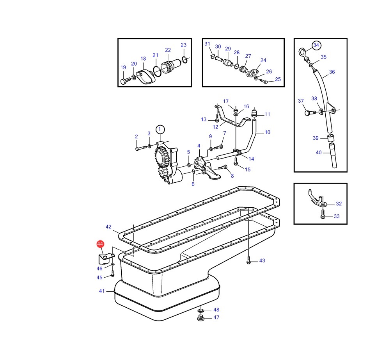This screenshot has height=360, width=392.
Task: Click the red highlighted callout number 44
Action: pos(100,244)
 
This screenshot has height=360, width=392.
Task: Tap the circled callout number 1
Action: pos(160,130)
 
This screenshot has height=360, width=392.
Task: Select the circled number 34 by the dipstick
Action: pos(316,45)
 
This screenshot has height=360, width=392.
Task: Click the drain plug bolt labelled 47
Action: pos(201,318)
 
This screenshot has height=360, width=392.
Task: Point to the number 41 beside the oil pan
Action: pos(102,291)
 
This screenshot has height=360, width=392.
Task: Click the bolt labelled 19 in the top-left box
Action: pos(124,81)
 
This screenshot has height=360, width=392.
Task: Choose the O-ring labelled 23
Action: pos(184,60)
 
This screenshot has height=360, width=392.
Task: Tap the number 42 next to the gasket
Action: pos(108,226)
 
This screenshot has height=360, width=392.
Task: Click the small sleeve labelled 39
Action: pos(331,138)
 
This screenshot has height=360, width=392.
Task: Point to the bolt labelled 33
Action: pos(323,214)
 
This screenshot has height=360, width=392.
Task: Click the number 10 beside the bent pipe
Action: pos(268,132)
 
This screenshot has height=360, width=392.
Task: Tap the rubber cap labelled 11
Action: pos(255,113)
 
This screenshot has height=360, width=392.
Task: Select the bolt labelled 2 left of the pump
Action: pos(141,148)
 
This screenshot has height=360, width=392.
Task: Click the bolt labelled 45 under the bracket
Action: pos(112,274)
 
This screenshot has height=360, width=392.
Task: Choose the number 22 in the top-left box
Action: pos(168,50)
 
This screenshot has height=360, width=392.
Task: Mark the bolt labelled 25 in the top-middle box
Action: pos(264,81)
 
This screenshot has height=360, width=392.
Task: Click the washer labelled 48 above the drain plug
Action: pos(201,311)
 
